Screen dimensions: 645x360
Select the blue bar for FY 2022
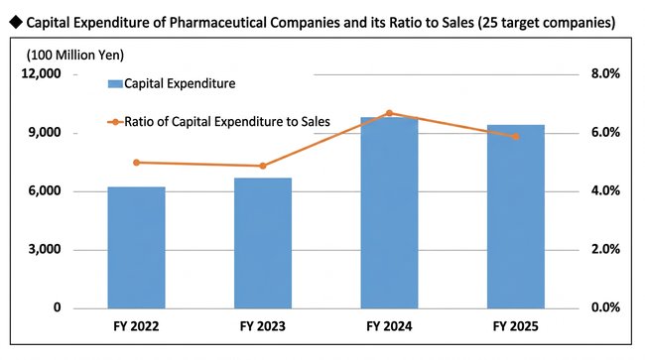click(x=137, y=247)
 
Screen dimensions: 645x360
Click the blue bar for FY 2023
click(x=263, y=243)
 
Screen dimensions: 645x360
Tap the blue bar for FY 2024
click(x=389, y=212)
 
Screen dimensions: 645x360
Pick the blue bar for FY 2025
click(x=516, y=216)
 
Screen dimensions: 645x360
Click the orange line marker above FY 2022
click(x=137, y=163)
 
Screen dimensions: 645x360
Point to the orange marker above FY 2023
click(x=263, y=166)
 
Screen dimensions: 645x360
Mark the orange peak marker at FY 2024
click(x=389, y=113)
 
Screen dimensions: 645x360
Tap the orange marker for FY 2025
click(x=516, y=137)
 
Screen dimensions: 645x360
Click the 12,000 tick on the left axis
click(x=41, y=74)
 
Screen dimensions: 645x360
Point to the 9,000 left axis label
click(x=45, y=133)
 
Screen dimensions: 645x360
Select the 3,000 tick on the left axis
click(x=45, y=250)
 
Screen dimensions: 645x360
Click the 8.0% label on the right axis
click(x=605, y=74)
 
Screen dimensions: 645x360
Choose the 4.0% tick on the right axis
click(x=605, y=191)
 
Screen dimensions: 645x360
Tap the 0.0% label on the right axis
click(x=605, y=307)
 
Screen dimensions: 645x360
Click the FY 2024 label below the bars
click(x=389, y=326)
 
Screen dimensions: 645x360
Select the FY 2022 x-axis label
click(x=136, y=326)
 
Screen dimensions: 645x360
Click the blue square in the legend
click(x=115, y=84)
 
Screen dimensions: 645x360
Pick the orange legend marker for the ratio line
click(x=115, y=122)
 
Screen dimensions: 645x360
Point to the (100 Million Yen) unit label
click(x=75, y=56)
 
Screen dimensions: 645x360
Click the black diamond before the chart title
click(x=16, y=22)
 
